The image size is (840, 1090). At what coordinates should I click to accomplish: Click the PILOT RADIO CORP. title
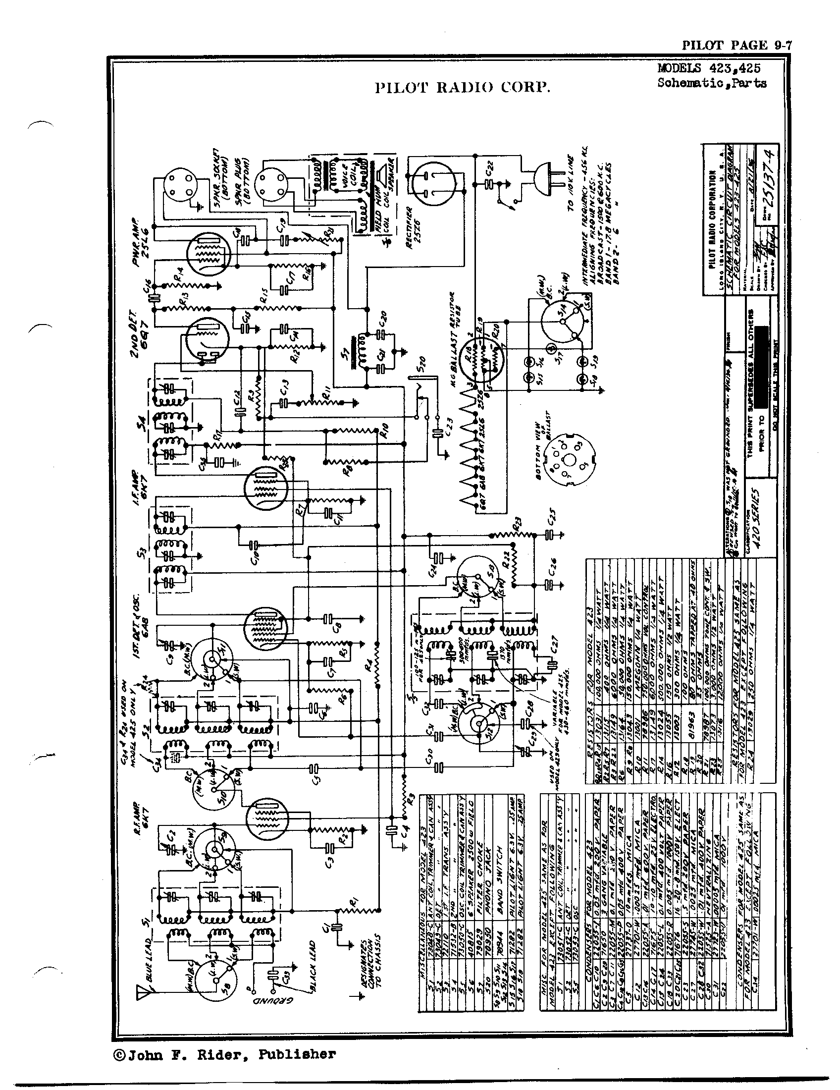(x=463, y=88)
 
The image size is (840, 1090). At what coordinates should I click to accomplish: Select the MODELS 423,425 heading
(x=709, y=69)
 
